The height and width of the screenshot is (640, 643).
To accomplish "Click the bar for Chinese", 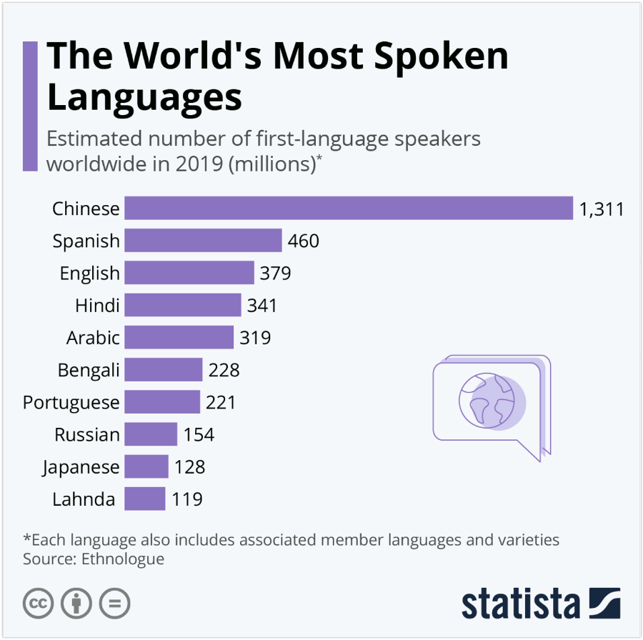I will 349,208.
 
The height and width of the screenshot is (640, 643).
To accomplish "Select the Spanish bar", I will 203,241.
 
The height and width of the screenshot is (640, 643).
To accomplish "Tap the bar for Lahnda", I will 145,499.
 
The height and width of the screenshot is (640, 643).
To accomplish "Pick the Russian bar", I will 151,434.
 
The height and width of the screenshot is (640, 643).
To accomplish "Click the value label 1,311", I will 602,209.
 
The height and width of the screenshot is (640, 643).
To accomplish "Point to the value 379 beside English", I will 276,274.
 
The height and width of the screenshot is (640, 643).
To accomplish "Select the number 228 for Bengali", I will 224,370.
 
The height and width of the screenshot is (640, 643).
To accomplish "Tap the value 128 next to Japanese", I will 189,467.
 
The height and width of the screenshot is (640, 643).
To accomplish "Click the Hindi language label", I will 97,306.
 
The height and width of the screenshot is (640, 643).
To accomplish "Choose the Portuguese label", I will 71,403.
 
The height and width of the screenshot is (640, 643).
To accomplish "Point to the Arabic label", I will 93,338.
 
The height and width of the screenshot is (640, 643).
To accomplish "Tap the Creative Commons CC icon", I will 39,604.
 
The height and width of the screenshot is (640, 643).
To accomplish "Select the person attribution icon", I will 76,604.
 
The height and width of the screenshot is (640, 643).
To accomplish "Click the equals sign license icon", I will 114,604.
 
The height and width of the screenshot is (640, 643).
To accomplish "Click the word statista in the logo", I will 522,604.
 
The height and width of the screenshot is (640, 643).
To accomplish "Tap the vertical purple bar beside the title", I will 30,106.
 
